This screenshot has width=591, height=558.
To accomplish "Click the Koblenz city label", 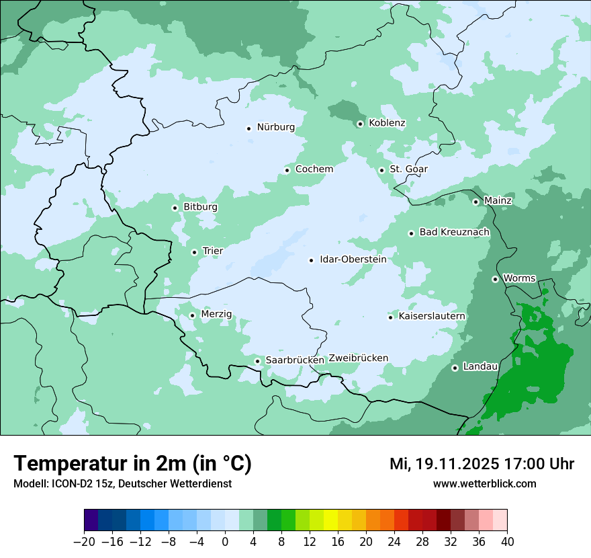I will pos(387,123).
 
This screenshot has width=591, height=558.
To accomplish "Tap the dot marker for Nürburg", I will pos(248,128).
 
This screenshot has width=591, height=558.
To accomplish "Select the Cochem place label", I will pos(314,169).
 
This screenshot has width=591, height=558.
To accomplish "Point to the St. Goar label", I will pos(408,169).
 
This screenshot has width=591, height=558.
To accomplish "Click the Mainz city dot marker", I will pos(475,202).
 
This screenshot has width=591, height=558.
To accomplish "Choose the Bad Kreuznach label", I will pos(454,233).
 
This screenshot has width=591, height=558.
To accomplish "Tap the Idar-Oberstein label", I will pos(353,260).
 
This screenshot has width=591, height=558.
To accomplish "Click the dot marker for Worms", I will pos(495,279).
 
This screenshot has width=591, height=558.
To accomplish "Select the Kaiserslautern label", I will pos(432,317).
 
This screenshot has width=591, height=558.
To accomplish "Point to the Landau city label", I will pos(480,367).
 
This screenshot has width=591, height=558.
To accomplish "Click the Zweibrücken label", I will pos(358,358).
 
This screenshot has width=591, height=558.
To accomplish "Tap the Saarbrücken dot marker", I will pos(257,361).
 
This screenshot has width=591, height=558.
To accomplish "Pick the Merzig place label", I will pos(216,315).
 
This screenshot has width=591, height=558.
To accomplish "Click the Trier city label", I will pos(212,251).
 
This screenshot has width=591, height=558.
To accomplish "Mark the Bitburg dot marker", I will pos(175,208).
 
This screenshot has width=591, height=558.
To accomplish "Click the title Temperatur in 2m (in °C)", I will pos(132,464).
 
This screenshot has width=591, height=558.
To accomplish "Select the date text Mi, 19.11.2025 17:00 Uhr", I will pos(482,464).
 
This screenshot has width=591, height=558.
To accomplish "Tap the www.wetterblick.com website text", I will pos(484,483).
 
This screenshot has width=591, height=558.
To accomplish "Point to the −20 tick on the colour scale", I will pos(85,542).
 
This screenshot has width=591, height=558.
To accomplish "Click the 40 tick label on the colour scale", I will pos(507,542).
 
